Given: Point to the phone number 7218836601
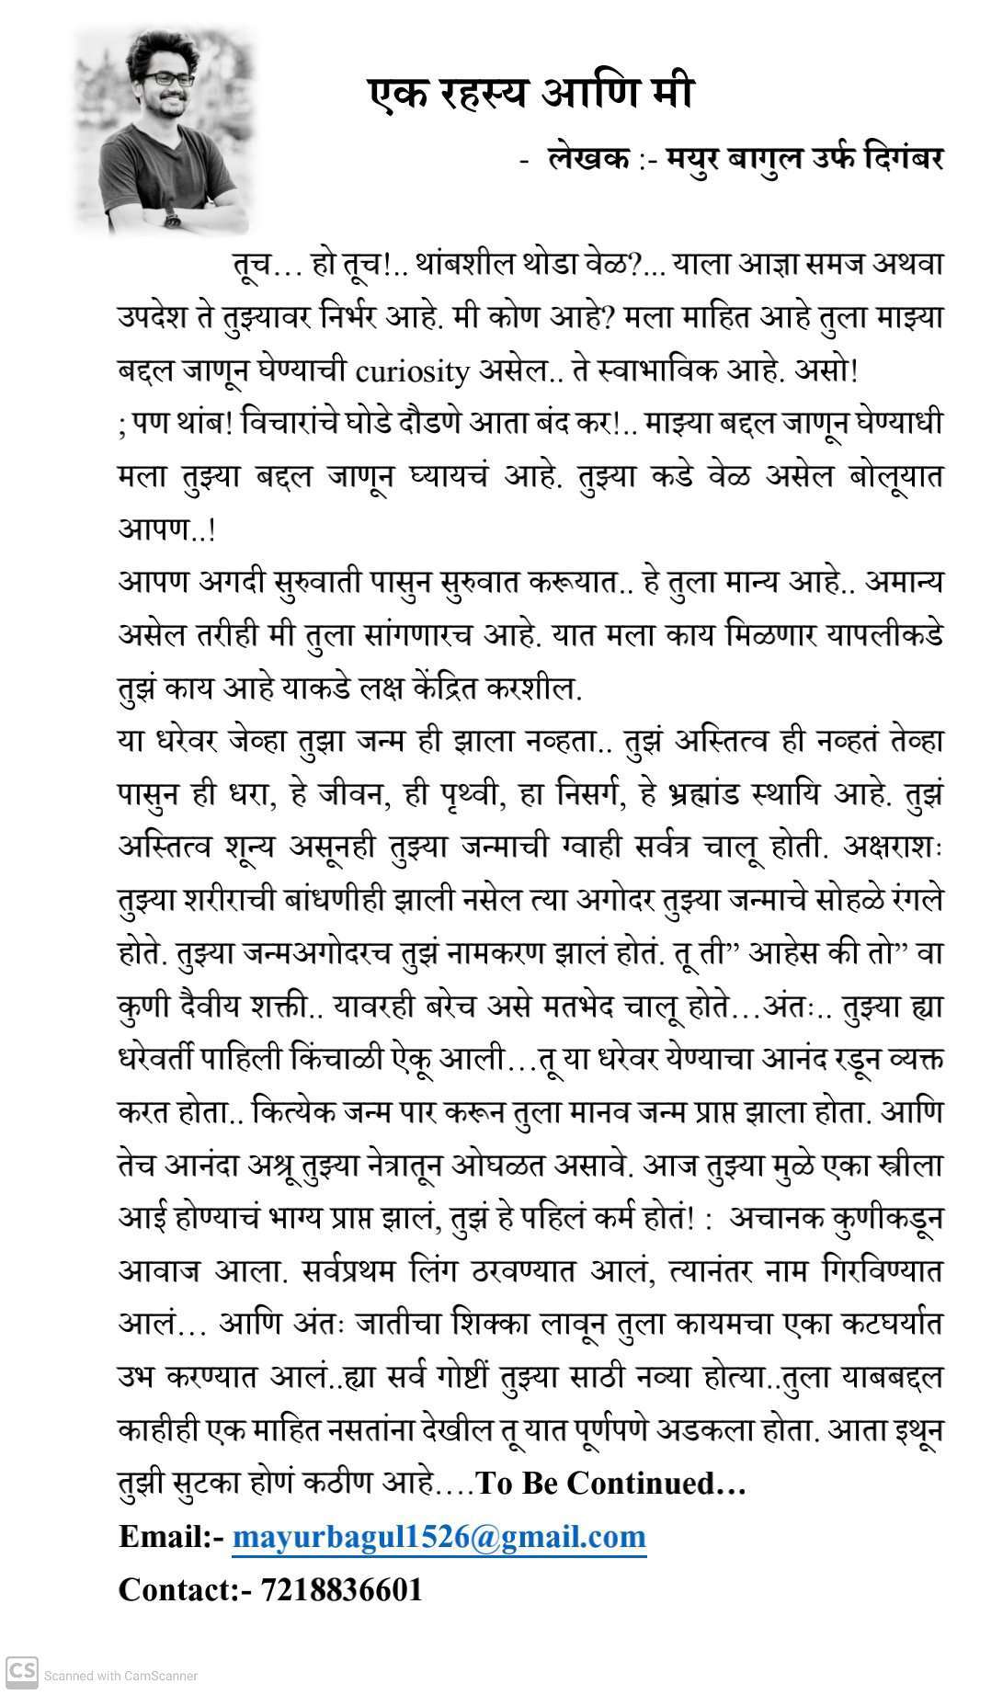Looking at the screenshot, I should (342, 1589).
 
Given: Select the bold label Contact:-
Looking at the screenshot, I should (185, 1589).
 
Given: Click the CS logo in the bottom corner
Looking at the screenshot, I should (21, 1667).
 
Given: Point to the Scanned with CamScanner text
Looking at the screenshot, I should (120, 1676).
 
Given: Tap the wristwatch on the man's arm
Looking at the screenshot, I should (172, 218).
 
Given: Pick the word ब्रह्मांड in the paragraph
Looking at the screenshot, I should (732, 795).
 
